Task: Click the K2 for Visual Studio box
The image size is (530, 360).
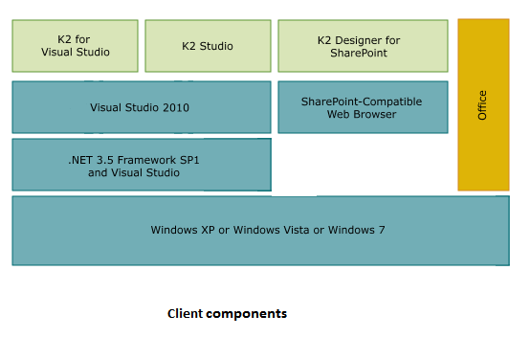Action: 76,45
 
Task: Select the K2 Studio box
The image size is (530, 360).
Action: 208,45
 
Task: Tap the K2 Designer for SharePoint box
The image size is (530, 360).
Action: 363,45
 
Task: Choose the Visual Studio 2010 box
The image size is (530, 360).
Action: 141,107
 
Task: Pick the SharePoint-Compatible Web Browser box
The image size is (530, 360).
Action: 363,107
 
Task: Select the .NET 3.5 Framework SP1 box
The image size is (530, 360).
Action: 141,165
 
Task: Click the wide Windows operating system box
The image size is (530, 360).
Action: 259,231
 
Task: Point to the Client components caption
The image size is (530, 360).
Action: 227,313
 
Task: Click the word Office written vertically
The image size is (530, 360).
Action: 483,104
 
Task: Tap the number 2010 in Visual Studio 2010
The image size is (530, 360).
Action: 175,108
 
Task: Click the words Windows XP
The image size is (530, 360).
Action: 183,231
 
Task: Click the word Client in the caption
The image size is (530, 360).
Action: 184,313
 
